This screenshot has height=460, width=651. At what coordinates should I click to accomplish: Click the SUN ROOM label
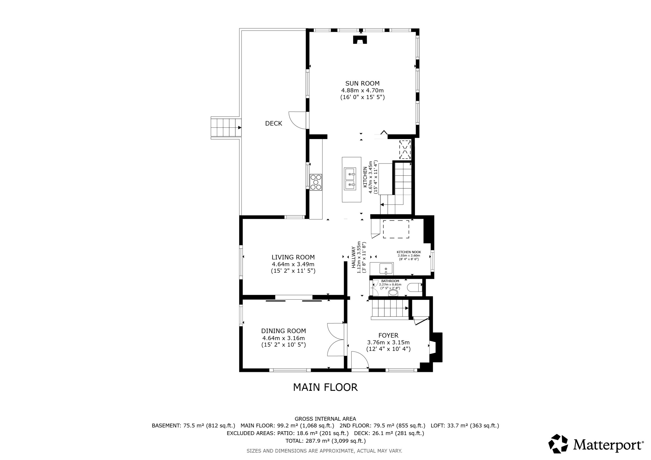click(362, 83)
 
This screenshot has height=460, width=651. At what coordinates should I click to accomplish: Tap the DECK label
click(274, 123)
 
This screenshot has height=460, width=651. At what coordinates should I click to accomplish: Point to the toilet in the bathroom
click(415, 288)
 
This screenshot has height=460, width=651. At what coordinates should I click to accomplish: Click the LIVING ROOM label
click(293, 257)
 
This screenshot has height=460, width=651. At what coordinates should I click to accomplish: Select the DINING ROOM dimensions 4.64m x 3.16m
click(284, 338)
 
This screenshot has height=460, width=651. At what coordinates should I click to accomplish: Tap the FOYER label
click(389, 335)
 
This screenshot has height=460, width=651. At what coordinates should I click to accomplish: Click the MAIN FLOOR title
click(325, 387)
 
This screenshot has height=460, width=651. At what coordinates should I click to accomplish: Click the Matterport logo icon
click(558, 443)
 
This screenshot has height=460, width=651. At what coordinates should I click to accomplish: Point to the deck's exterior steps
click(226, 128)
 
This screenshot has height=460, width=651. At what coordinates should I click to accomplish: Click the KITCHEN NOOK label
click(409, 252)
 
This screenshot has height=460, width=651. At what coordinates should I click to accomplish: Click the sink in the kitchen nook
click(386, 268)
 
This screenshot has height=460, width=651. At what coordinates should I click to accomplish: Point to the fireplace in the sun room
click(360, 39)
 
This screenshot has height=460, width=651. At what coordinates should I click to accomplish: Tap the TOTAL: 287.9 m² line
click(325, 441)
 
